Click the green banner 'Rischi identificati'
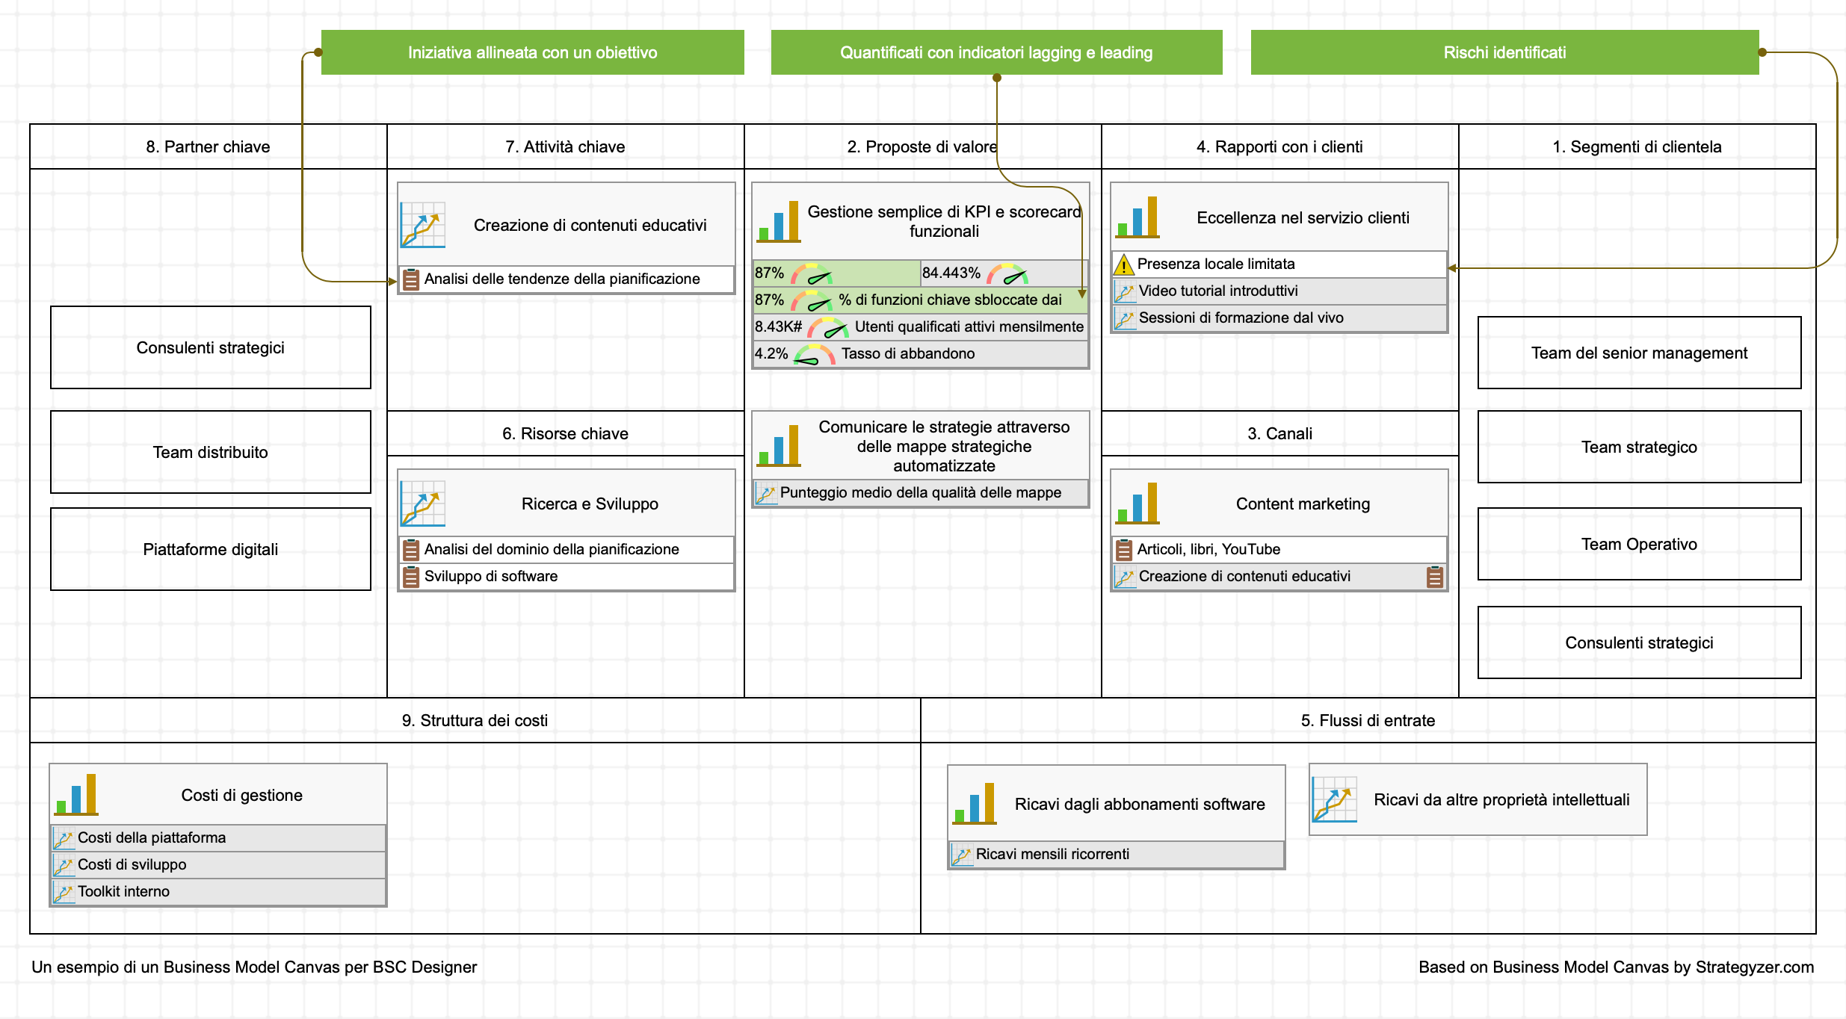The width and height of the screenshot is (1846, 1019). tap(1504, 52)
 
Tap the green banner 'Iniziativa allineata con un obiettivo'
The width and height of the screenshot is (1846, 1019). tap(532, 52)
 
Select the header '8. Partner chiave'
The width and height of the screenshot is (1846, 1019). tap(208, 146)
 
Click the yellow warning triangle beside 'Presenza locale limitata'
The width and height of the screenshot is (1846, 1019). tap(1123, 264)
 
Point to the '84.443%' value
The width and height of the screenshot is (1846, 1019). tap(951, 273)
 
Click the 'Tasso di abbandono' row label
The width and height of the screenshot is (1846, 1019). tap(907, 353)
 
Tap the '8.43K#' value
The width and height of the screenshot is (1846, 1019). tap(777, 326)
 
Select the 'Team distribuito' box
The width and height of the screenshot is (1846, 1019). tap(210, 452)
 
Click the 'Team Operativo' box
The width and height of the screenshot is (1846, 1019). tap(1638, 544)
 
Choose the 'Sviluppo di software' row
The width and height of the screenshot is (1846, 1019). tap(490, 576)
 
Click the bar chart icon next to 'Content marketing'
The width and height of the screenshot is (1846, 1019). tap(1137, 503)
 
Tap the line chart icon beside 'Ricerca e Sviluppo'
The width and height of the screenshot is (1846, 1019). tap(423, 503)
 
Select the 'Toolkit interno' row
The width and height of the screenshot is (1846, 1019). tap(123, 891)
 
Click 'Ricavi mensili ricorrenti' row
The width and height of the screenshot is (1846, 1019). tap(1052, 854)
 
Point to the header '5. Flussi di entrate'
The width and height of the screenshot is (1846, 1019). tap(1367, 720)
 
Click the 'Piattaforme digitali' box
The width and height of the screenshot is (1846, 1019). tap(210, 549)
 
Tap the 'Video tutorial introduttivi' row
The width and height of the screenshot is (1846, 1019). tap(1217, 291)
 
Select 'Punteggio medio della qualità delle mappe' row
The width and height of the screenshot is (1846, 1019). tap(920, 492)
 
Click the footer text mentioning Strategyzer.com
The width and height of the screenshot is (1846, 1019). tap(1615, 967)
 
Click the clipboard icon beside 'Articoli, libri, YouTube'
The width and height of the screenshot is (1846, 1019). tap(1123, 550)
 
